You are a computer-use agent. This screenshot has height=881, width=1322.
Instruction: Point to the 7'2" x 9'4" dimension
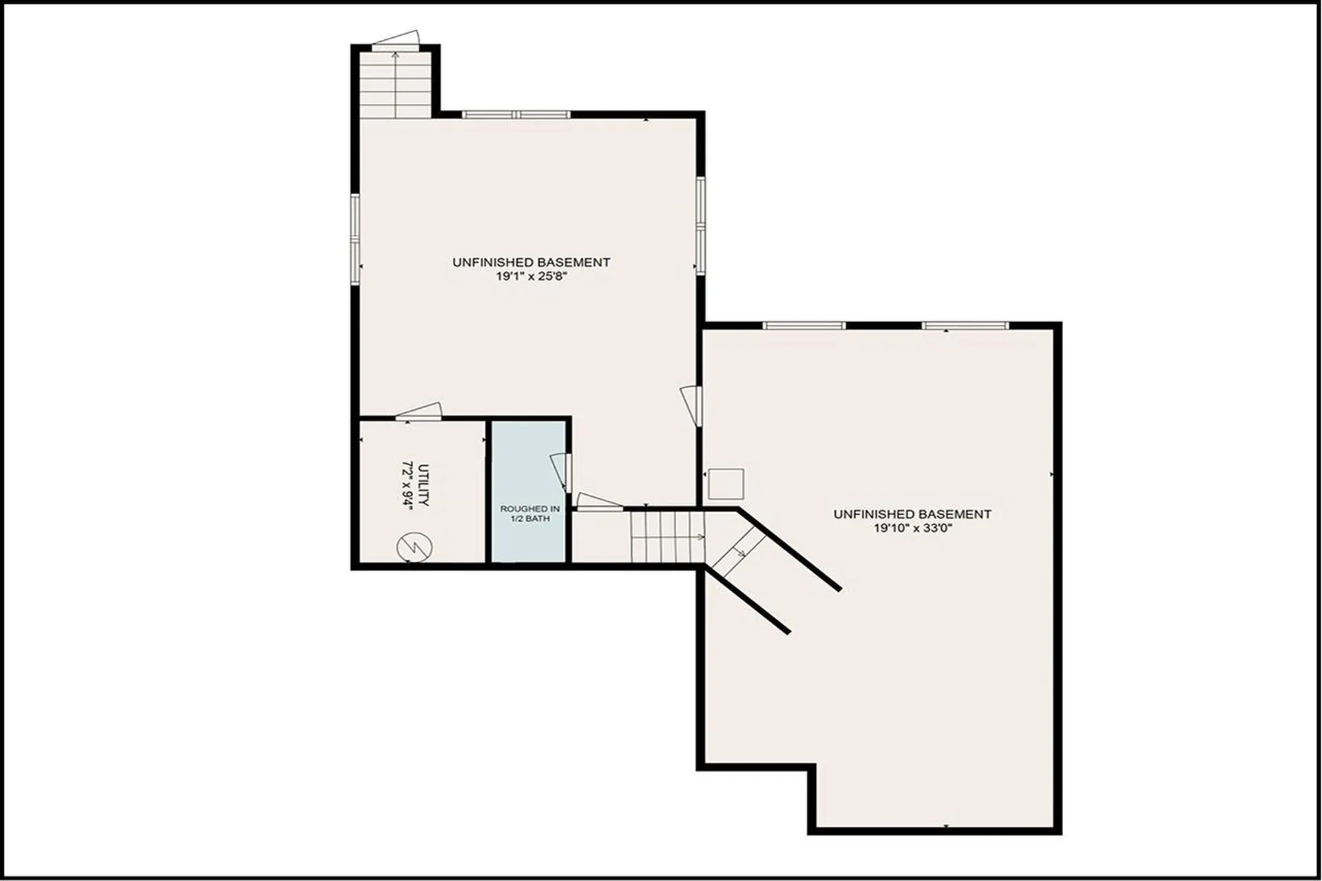[x=407, y=485]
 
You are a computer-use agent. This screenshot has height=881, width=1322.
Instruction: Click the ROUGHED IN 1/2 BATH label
[x=530, y=513]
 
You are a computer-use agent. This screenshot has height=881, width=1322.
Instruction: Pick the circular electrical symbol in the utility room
[x=415, y=548]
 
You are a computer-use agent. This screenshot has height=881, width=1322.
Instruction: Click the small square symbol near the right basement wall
[x=726, y=484]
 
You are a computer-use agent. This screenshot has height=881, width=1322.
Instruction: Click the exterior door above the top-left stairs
[x=396, y=40]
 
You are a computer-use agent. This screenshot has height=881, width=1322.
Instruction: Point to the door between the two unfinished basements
[x=692, y=405]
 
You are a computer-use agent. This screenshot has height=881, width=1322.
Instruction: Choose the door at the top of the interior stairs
[x=599, y=502]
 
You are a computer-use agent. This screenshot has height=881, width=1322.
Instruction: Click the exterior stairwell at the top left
[x=395, y=84]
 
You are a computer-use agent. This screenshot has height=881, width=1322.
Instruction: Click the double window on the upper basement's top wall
[x=516, y=114]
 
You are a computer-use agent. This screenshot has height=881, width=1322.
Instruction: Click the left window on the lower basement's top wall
[x=804, y=326]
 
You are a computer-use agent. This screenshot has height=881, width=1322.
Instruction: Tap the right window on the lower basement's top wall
[x=965, y=326]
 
